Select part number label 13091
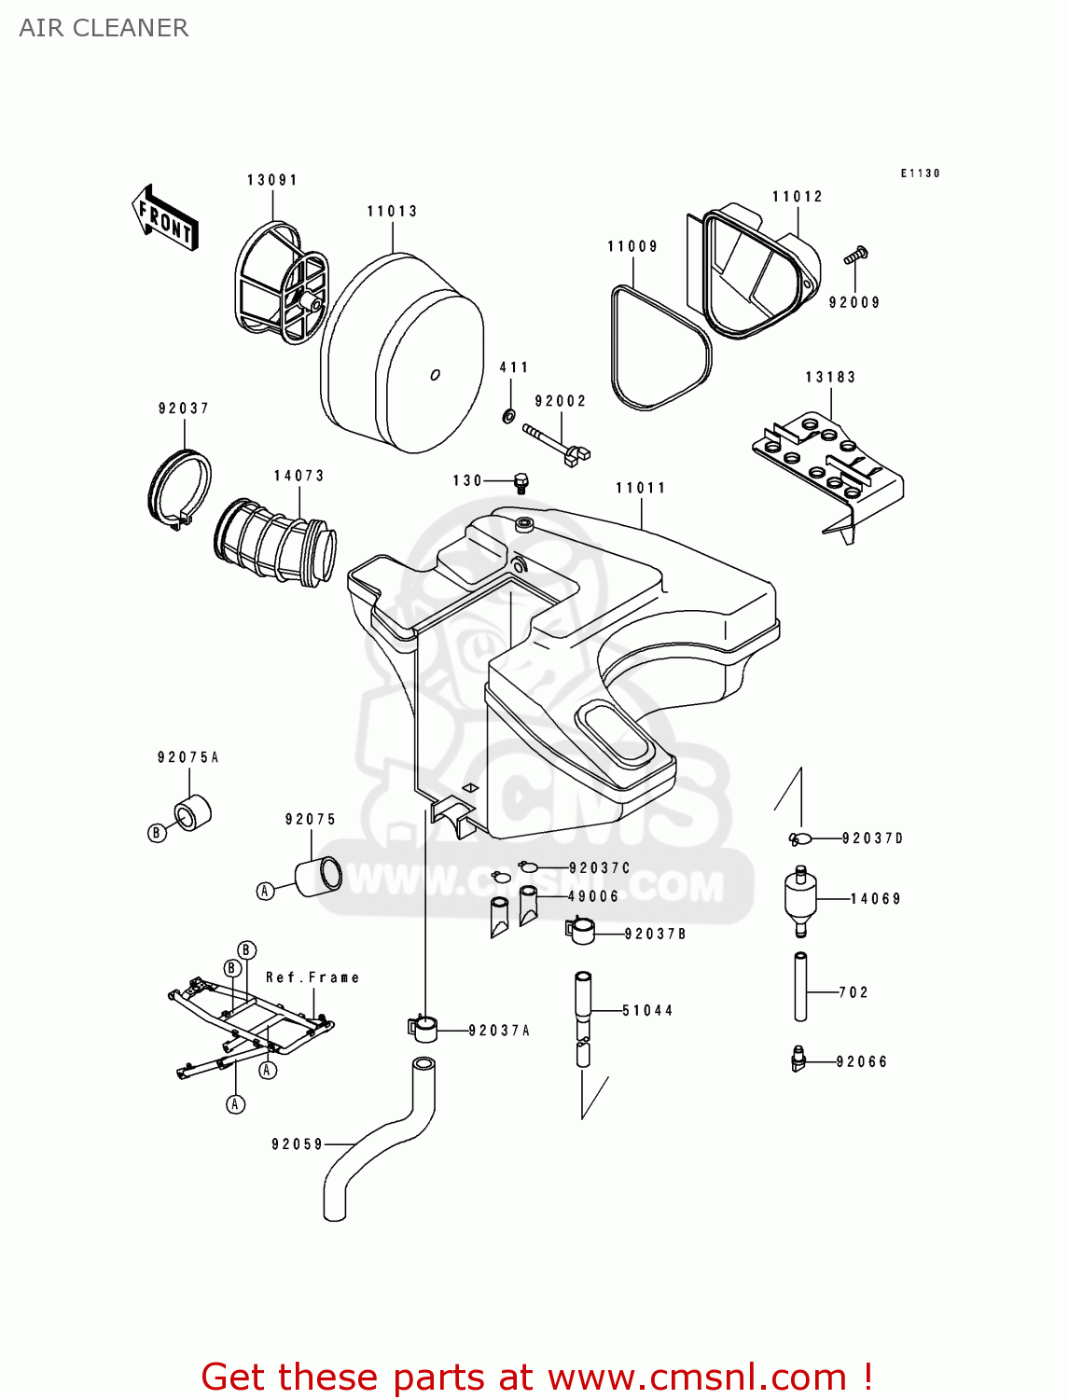click(271, 180)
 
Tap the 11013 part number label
click(392, 212)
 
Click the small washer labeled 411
click(508, 414)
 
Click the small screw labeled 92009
click(856, 254)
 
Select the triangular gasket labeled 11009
click(659, 351)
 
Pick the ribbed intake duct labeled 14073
click(276, 543)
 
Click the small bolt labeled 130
click(521, 483)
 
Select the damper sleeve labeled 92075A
click(193, 813)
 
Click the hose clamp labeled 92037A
click(423, 1029)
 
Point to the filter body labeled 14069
click(800, 899)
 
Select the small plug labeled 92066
click(798, 1060)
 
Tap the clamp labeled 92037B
click(580, 930)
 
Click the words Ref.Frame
click(312, 977)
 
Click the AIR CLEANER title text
click(104, 28)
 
